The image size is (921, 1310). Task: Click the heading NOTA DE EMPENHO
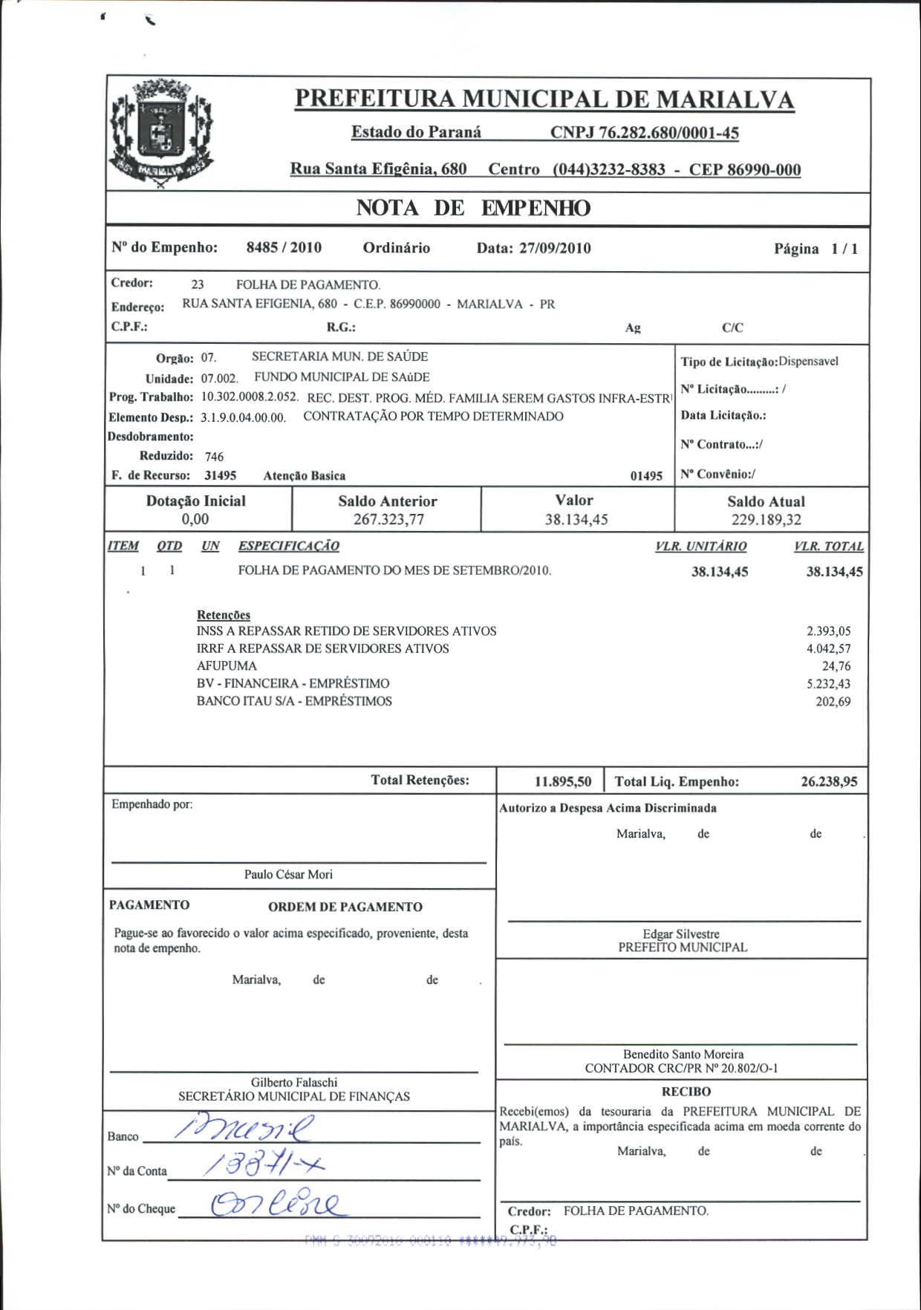click(x=473, y=209)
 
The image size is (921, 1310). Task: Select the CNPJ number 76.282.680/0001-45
click(x=644, y=133)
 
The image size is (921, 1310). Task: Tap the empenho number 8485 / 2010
click(x=284, y=248)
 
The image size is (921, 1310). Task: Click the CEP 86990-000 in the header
click(x=744, y=170)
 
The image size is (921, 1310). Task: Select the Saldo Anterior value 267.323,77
click(x=388, y=520)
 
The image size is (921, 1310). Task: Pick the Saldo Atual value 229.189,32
click(x=766, y=520)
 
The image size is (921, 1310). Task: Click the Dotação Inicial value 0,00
click(x=195, y=519)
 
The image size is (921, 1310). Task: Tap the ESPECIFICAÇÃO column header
click(x=288, y=547)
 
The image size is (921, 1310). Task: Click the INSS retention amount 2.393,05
click(x=828, y=632)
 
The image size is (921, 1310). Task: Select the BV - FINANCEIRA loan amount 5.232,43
click(x=828, y=684)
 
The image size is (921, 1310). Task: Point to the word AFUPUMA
click(x=227, y=666)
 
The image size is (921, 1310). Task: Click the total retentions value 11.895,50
click(x=563, y=782)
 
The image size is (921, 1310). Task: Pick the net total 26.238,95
click(x=829, y=782)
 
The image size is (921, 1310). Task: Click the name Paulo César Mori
click(x=288, y=875)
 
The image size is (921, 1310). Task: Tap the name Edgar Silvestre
click(x=681, y=934)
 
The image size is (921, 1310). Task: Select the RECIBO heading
click(x=686, y=1092)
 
